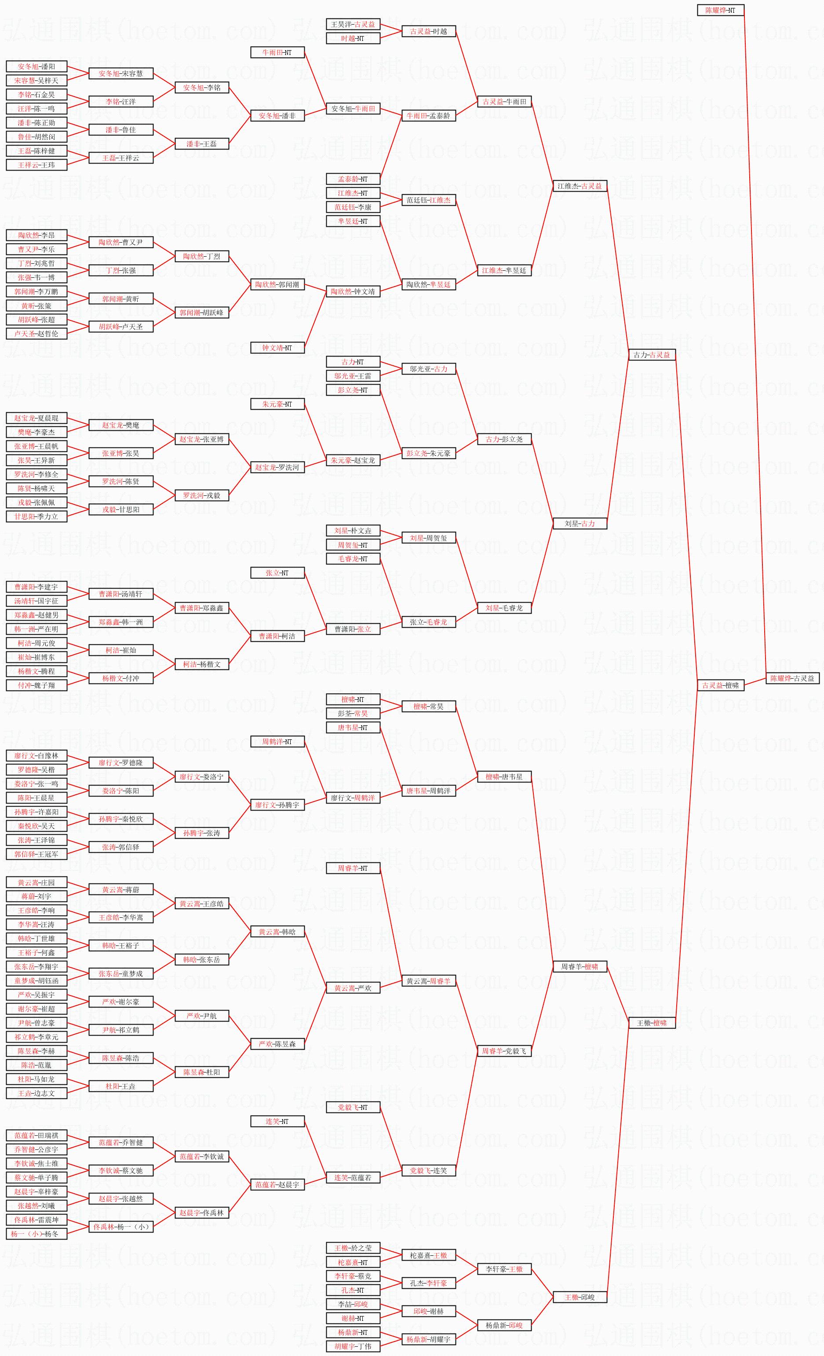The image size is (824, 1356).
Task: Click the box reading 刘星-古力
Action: click(x=580, y=523)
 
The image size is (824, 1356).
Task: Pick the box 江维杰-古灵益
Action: click(x=580, y=186)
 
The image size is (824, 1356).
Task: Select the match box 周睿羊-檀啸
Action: click(x=580, y=967)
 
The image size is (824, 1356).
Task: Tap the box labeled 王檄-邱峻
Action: click(x=580, y=1297)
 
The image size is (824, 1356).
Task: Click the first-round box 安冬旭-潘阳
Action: click(x=36, y=66)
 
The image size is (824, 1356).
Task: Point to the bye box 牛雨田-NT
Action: click(x=277, y=53)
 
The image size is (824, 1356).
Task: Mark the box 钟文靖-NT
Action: click(x=277, y=348)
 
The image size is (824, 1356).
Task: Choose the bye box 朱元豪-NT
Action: click(x=277, y=404)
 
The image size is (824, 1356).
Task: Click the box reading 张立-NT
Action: click(x=277, y=573)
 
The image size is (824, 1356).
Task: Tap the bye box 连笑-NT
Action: click(x=277, y=1121)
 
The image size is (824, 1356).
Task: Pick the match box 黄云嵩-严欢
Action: click(x=353, y=988)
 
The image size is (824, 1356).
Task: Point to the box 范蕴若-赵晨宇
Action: click(x=277, y=1184)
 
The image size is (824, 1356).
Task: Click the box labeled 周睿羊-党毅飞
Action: click(x=503, y=1051)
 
